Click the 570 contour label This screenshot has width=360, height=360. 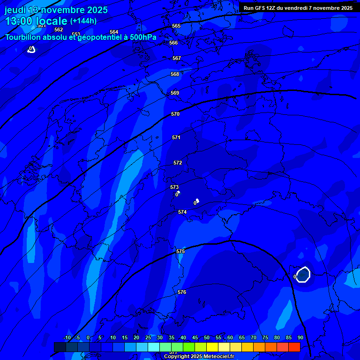click(x=175, y=114)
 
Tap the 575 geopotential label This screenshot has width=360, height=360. click(x=180, y=252)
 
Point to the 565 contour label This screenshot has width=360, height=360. click(x=176, y=26)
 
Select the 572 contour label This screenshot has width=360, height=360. click(x=178, y=163)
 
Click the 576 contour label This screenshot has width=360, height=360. click(x=182, y=292)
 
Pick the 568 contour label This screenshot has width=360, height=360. click(x=175, y=74)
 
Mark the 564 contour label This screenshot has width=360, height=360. click(x=114, y=32)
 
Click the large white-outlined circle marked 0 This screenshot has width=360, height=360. click(x=303, y=274)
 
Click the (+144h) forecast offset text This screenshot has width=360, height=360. click(x=83, y=21)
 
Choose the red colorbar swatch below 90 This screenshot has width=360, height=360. click(x=294, y=347)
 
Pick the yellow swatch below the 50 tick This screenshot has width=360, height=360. click(x=212, y=347)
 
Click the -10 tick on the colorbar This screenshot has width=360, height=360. click(x=67, y=337)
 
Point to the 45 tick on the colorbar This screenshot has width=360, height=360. click(x=195, y=337)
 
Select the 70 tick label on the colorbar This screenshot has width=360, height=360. click(x=254, y=337)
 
